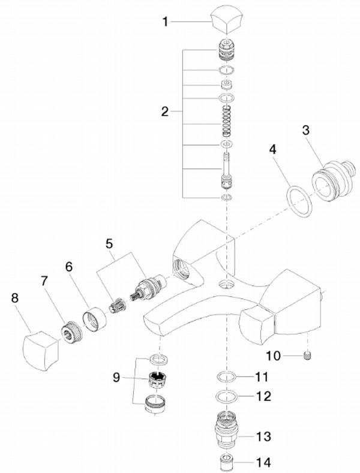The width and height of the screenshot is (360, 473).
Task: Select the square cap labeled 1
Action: [227, 21]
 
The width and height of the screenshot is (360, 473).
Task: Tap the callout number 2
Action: [166, 111]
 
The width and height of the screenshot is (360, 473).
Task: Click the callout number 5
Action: [109, 244]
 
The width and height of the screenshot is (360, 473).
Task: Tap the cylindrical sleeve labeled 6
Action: [94, 318]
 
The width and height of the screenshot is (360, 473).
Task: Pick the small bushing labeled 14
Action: [227, 463]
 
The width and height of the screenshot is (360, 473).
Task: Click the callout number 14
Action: [262, 463]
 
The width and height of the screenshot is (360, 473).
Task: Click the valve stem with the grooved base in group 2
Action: [227, 171]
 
